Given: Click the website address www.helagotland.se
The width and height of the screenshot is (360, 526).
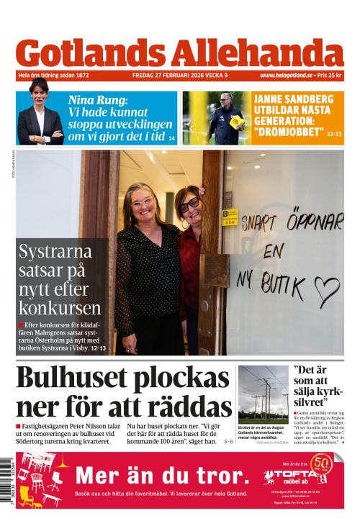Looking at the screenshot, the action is pos(286,76).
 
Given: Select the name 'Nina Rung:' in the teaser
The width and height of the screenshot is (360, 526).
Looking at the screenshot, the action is pos(97,101).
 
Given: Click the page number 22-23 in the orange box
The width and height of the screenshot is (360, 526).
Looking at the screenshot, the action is pos(335,134).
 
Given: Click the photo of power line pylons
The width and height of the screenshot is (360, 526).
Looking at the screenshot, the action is pos(263,394).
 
